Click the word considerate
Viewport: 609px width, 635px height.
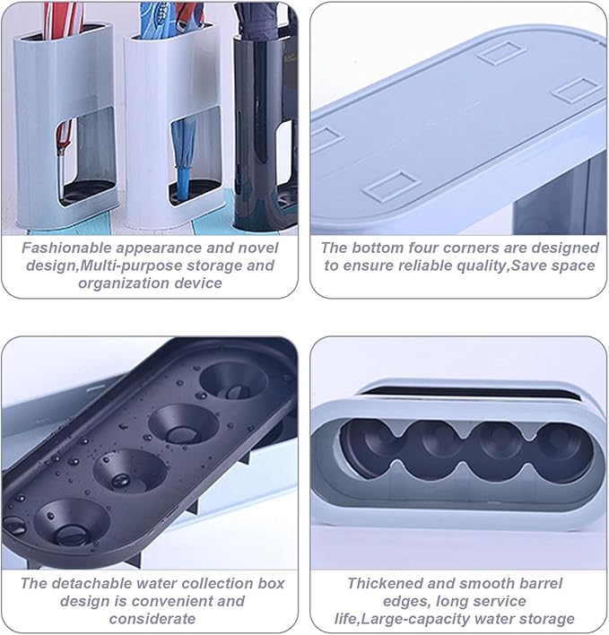click(152, 619)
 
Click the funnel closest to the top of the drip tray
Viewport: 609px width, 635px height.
click(233, 382)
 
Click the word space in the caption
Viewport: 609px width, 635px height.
click(573, 266)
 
